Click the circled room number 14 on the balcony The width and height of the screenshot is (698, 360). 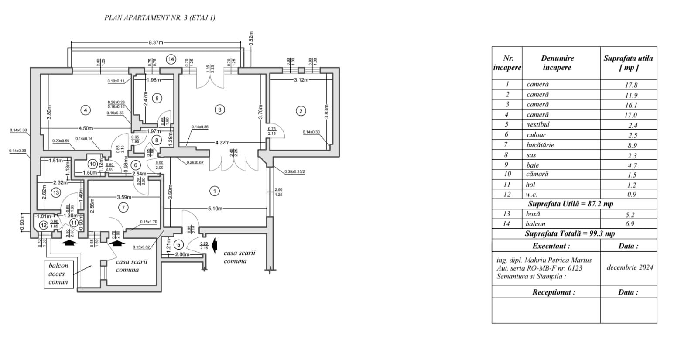(171, 59)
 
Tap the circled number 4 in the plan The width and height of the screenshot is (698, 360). (86, 110)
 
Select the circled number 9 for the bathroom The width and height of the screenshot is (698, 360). (157, 99)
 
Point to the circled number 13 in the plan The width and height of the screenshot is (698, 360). (55, 192)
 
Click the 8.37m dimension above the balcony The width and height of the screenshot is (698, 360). (156, 42)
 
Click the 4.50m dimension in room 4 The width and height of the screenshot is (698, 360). (86, 128)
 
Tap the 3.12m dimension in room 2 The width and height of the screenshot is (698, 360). (301, 80)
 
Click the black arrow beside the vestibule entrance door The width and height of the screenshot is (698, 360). (214, 245)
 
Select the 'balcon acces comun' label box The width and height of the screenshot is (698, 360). (58, 274)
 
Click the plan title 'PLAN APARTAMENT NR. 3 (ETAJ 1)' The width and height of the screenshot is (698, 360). (160, 18)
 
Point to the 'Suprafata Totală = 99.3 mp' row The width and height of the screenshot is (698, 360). (570, 233)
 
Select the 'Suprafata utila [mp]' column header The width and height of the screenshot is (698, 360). (628, 63)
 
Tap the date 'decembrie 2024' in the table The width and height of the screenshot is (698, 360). (630, 267)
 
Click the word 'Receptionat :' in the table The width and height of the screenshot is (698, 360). (553, 292)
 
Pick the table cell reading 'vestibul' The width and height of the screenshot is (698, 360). (538, 125)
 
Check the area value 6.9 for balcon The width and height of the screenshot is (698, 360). (630, 223)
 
